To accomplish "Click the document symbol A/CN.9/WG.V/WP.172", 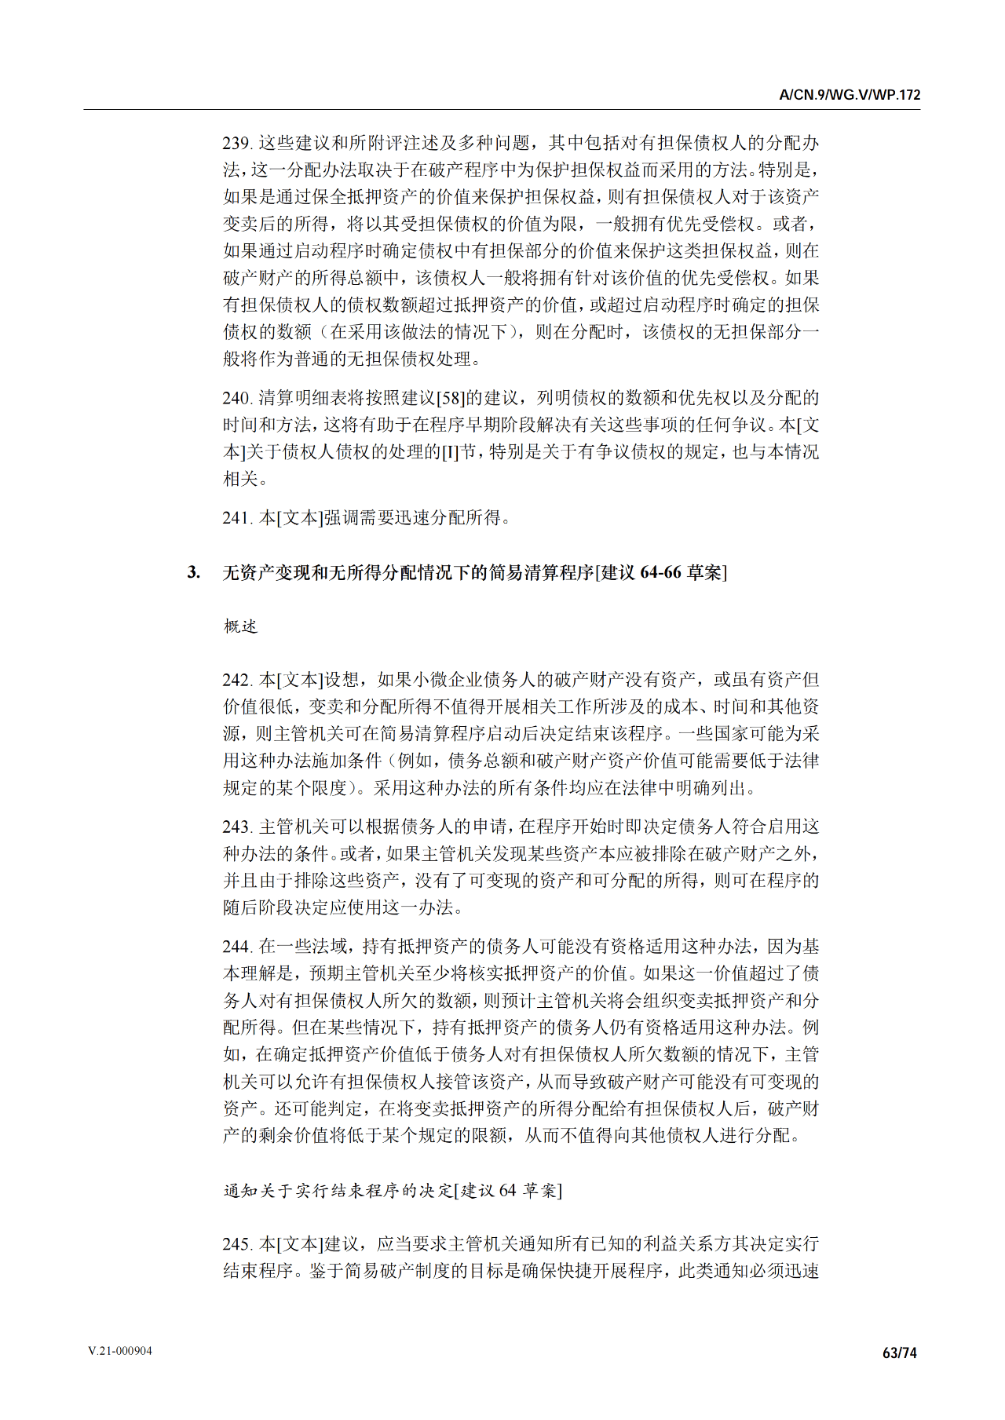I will click(850, 95).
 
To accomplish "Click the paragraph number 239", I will click(236, 143).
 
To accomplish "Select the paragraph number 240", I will click(236, 398).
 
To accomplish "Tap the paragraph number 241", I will click(236, 518).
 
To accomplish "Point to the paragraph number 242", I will click(236, 680).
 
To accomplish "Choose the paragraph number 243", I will click(236, 827).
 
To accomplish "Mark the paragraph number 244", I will click(236, 947).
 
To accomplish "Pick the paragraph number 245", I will click(236, 1244).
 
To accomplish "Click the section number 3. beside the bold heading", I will click(193, 572).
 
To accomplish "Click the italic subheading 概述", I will click(240, 626).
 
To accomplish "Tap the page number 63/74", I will click(900, 1352).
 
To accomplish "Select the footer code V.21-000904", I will click(120, 1351).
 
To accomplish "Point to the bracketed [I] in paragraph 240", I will click(451, 452).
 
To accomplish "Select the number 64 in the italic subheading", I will click(508, 1191).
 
